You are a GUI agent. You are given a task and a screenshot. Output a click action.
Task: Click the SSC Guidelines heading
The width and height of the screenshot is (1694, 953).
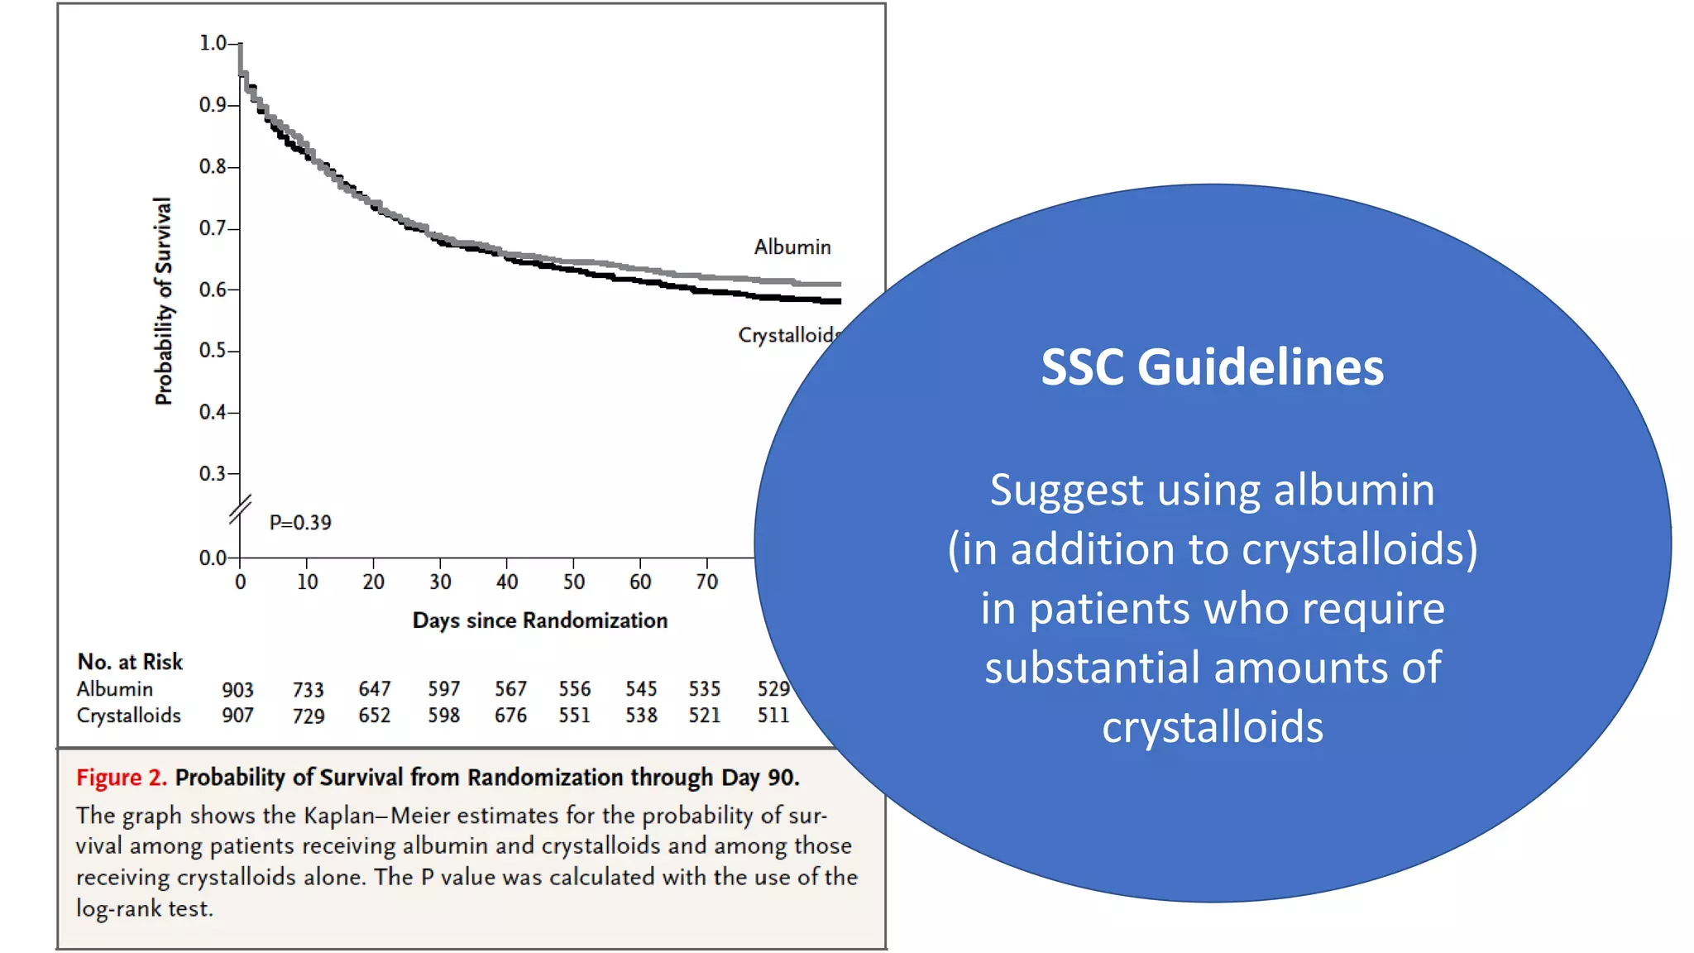pyautogui.click(x=1212, y=366)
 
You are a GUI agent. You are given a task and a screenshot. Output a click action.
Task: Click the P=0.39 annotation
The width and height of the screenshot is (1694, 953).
pyautogui.click(x=300, y=523)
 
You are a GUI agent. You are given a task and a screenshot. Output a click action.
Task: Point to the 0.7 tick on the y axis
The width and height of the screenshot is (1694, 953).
pyautogui.click(x=213, y=227)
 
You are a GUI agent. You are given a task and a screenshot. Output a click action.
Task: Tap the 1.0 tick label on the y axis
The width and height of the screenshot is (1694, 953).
pyautogui.click(x=213, y=42)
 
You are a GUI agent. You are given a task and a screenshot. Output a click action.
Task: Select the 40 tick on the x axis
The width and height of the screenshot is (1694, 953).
pyautogui.click(x=507, y=582)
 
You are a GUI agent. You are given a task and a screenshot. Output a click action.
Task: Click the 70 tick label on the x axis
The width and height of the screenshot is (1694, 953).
pyautogui.click(x=706, y=582)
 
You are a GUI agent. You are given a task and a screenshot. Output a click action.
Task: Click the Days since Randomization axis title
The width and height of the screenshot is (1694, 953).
pyautogui.click(x=539, y=620)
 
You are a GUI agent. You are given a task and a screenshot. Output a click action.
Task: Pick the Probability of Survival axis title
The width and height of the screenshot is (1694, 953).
pyautogui.click(x=164, y=301)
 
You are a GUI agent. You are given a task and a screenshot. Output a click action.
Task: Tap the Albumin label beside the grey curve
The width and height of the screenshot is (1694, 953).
pyautogui.click(x=792, y=247)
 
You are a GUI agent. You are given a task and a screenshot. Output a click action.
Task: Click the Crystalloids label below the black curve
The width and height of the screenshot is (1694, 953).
pyautogui.click(x=787, y=335)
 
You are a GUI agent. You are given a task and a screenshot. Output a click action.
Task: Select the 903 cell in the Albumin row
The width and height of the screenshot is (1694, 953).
pyautogui.click(x=237, y=689)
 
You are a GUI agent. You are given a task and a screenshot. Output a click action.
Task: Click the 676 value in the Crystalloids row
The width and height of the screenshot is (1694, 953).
pyautogui.click(x=510, y=716)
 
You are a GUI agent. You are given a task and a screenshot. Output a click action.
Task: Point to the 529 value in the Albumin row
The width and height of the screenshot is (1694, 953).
pyautogui.click(x=773, y=689)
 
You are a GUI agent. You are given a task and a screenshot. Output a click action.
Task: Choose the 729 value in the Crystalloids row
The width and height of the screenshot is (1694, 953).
pyautogui.click(x=308, y=716)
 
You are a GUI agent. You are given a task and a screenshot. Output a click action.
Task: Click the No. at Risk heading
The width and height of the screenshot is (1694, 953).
pyautogui.click(x=130, y=662)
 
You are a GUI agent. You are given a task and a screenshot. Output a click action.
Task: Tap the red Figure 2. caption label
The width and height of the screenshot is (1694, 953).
pyautogui.click(x=121, y=778)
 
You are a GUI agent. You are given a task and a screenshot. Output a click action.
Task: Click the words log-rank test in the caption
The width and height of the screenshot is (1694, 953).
pyautogui.click(x=145, y=908)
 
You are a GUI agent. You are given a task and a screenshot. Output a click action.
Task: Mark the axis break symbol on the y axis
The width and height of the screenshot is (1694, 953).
pyautogui.click(x=241, y=510)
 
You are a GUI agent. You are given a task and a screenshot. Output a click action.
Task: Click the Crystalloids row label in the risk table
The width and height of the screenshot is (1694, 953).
pyautogui.click(x=128, y=716)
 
